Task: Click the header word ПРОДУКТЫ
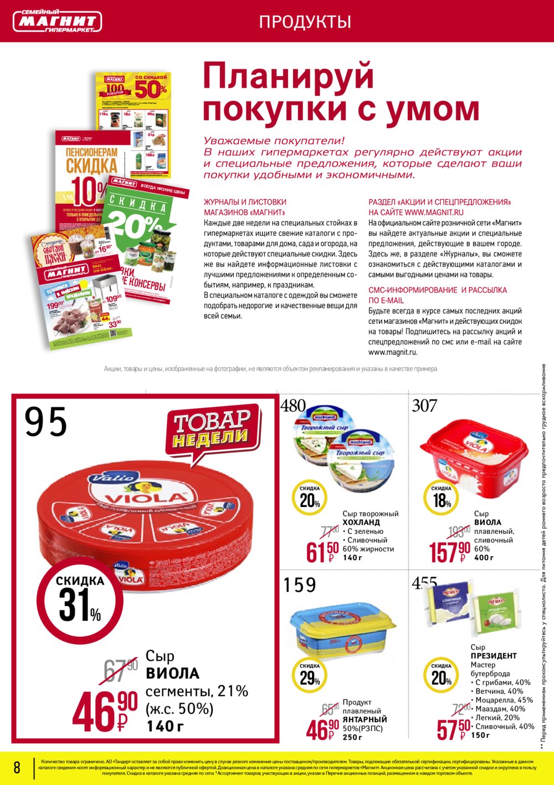coord(305,22)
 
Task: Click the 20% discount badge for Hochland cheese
coord(310,498)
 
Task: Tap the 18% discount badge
coord(442,498)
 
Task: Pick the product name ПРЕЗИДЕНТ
coord(494,656)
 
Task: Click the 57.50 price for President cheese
coord(453,728)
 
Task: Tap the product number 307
coord(424,406)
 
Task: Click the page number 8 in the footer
coord(17,767)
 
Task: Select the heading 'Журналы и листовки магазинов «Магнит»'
coord(245,207)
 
